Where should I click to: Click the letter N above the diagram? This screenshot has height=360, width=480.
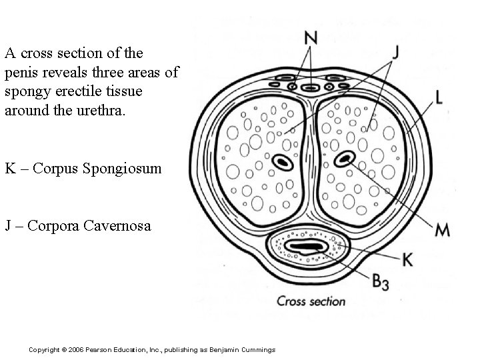[x=311, y=39]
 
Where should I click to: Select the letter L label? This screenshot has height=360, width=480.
[x=439, y=97]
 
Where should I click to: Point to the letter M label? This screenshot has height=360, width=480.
[x=442, y=231]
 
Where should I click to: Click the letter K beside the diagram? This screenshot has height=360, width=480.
[x=407, y=259]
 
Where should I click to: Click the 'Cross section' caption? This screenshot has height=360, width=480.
[x=311, y=301]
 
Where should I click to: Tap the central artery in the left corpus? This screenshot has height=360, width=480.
[x=280, y=161]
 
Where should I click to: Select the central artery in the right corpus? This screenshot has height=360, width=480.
[x=345, y=159]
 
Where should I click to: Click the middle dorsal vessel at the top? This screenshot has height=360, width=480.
[x=309, y=87]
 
